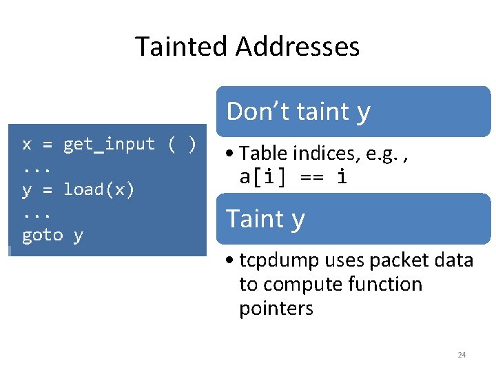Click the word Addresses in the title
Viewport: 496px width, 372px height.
click(x=298, y=47)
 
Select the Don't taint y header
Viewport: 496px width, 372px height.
click(x=298, y=112)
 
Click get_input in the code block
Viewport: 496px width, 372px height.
click(x=109, y=145)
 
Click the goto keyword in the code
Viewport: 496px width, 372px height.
click(x=43, y=236)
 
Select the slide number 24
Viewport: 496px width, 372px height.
click(x=462, y=355)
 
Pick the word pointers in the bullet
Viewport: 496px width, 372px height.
click(x=276, y=309)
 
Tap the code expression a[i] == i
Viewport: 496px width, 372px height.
click(x=293, y=177)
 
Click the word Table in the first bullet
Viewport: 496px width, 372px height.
click(x=259, y=154)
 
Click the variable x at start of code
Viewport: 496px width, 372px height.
click(x=27, y=145)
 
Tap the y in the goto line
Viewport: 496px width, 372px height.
click(x=79, y=236)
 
